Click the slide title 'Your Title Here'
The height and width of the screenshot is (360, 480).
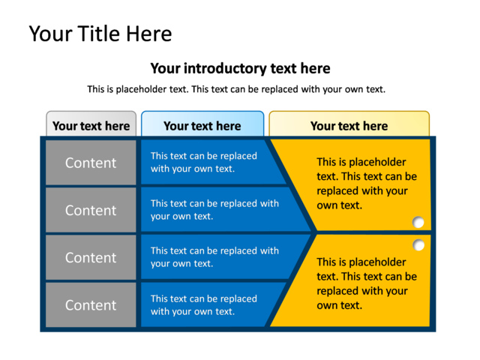100,34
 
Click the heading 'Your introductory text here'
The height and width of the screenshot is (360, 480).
240,68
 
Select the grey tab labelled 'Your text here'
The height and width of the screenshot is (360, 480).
91,126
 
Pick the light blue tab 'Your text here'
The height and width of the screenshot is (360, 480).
202,126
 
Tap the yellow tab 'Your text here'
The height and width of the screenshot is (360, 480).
349,126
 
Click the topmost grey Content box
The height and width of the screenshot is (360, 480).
91,163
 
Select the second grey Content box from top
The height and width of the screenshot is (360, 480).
91,210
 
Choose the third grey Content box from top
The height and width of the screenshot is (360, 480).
91,257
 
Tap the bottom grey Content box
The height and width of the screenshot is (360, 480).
91,305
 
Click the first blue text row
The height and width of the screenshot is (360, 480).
204,162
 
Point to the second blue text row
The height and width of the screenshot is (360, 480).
214,209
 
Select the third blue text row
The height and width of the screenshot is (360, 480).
214,256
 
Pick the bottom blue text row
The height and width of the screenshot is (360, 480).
204,304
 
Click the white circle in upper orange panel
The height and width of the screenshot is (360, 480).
418,222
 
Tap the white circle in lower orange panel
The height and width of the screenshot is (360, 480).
418,245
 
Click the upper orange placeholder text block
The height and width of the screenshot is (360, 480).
366,183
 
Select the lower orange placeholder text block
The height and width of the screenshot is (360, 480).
366,283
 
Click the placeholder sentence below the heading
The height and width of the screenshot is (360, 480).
236,89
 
